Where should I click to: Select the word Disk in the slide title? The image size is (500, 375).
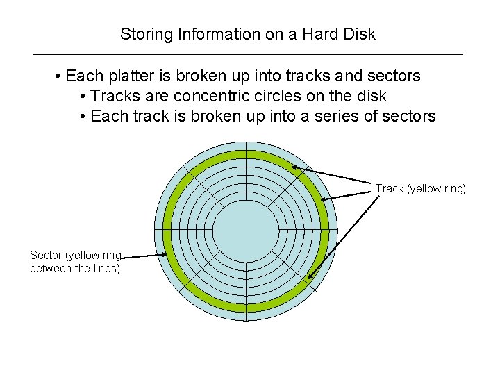(358, 34)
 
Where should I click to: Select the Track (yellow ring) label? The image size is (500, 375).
(421, 188)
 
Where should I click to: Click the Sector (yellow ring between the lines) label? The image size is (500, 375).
(75, 262)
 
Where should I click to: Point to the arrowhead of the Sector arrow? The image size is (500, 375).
(165, 255)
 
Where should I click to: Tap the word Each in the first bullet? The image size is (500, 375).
(83, 75)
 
